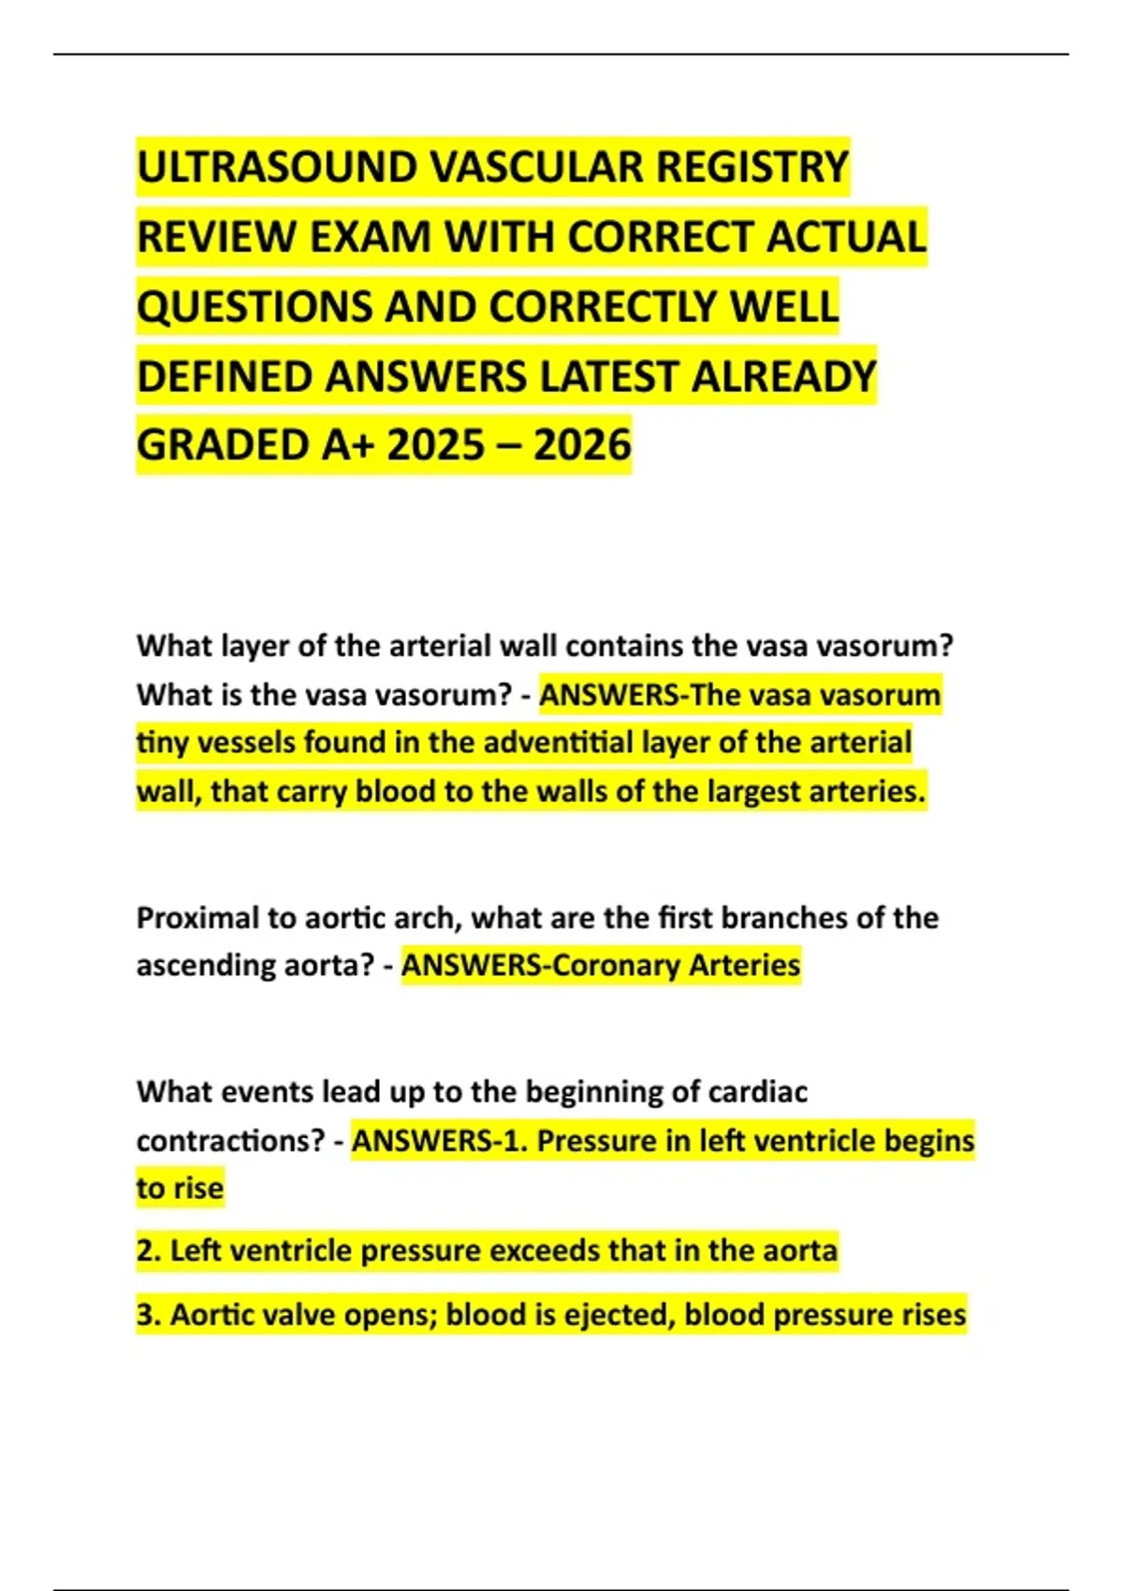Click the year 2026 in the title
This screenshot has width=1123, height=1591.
582,445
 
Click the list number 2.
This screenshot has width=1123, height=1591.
148,1251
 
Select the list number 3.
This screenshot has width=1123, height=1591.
148,1315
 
